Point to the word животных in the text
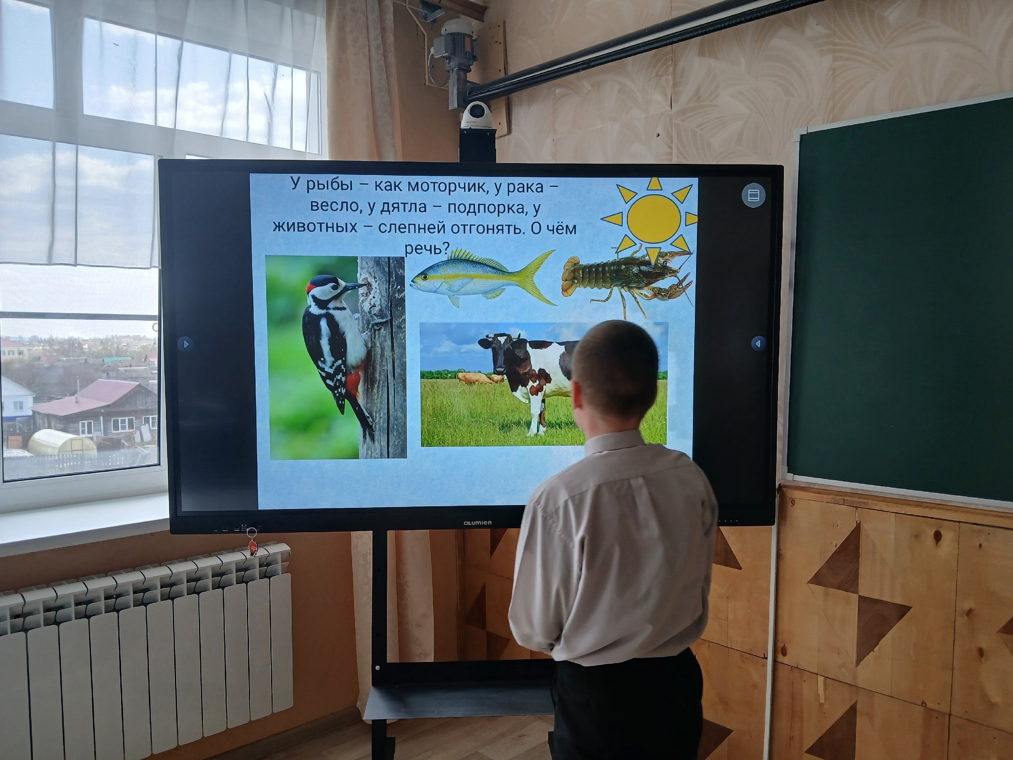pos(315,228)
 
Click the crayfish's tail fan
pos(571,277)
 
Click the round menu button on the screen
pos(753,196)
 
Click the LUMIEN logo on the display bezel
pos(477,523)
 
